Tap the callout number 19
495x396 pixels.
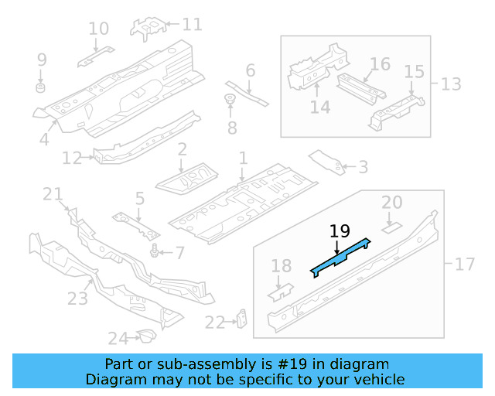[x=340, y=231]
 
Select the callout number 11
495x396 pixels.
[x=191, y=24]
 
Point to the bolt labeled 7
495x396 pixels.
[x=156, y=251]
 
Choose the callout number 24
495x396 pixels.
[x=118, y=338]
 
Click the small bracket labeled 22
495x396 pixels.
[x=242, y=318]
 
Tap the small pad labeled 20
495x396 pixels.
[x=391, y=227]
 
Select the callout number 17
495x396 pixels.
[x=464, y=265]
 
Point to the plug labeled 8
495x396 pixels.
[x=230, y=99]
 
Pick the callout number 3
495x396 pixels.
[x=363, y=166]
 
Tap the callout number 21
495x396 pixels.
[x=52, y=194]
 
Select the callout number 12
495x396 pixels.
[x=72, y=159]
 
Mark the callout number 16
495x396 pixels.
[x=379, y=63]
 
